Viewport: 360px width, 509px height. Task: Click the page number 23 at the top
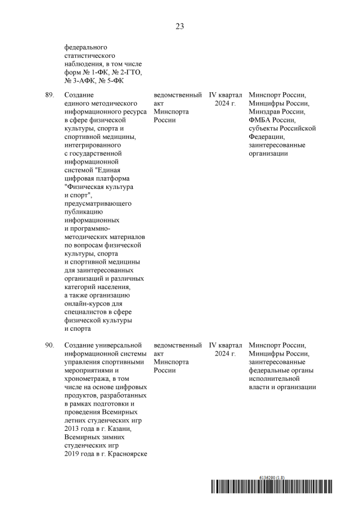click(x=179, y=26)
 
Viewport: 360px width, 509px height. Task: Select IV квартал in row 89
click(x=226, y=96)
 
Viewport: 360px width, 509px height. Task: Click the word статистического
click(x=91, y=56)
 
